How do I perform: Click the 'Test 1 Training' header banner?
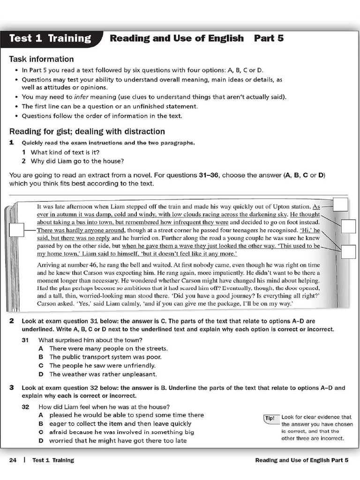pyautogui.click(x=50, y=38)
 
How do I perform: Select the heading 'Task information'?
pyautogui.click(x=41, y=59)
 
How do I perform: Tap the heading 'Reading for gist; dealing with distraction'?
pyautogui.click(x=87, y=131)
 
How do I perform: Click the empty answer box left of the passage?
pyautogui.click(x=16, y=230)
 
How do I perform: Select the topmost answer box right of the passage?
pyautogui.click(x=340, y=205)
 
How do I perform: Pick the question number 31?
pyautogui.click(x=26, y=340)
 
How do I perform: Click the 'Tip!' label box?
pyautogui.click(x=270, y=418)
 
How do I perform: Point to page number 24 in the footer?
pyautogui.click(x=13, y=460)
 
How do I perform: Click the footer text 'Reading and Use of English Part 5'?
pyautogui.click(x=302, y=460)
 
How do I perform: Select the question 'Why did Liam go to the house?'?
pyautogui.click(x=77, y=161)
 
